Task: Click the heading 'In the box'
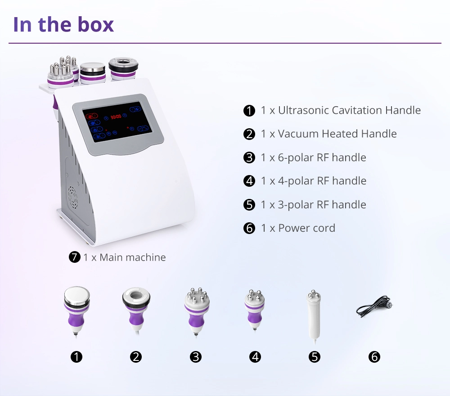(63, 24)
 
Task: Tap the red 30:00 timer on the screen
(116, 117)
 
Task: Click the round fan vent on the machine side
(72, 198)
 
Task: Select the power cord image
(374, 306)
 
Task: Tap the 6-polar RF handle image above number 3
(197, 312)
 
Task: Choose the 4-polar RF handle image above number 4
(255, 310)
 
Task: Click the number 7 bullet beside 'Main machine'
(75, 257)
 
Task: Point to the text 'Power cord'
(306, 228)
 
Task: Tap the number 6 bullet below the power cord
(374, 357)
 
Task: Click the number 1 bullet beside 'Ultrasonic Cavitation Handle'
(249, 111)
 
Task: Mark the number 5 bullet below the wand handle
(315, 357)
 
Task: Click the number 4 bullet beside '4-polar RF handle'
(249, 181)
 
